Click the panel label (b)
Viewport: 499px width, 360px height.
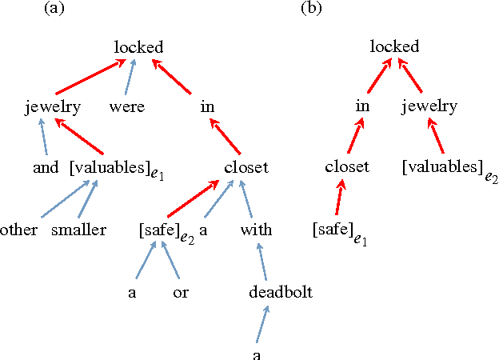(310, 9)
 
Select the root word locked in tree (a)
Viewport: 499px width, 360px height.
(138, 47)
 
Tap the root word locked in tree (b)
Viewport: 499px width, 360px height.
(394, 47)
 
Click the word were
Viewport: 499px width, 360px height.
(126, 106)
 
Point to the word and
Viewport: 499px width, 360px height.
(46, 167)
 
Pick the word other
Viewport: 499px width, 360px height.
(19, 230)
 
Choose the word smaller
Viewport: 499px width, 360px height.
(78, 230)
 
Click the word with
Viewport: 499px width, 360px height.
(256, 230)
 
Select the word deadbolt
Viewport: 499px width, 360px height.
(280, 293)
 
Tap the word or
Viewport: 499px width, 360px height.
(181, 293)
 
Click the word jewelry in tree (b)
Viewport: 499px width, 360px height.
(429, 106)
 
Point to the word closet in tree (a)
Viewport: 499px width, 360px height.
(246, 167)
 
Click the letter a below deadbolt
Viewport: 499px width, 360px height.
(256, 354)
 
